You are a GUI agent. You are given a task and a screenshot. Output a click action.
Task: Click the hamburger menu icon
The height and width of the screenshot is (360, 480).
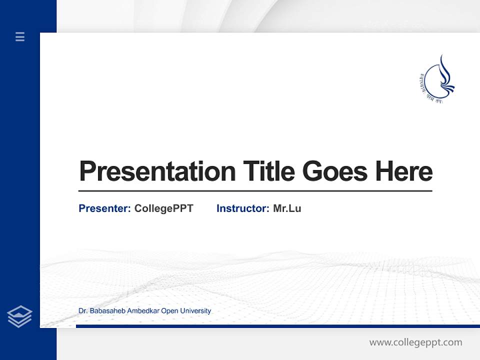[x=20, y=36]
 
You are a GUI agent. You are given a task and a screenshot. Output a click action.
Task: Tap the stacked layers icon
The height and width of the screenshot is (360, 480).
[x=19, y=316]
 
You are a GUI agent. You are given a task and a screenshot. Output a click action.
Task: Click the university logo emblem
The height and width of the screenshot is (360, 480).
[x=436, y=80]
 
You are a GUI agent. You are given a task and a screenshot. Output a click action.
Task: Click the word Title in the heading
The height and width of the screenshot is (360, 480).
[x=269, y=171]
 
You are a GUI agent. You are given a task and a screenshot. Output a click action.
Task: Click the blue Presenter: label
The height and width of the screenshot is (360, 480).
[x=104, y=208]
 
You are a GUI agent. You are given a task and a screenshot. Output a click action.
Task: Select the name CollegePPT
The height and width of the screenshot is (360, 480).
[x=163, y=208]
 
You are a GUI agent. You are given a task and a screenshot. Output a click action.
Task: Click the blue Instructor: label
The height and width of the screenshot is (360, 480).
[x=242, y=208]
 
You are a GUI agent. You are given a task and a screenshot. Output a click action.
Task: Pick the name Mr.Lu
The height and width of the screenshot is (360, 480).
[x=287, y=208]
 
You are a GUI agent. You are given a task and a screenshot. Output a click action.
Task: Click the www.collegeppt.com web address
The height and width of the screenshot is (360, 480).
[x=415, y=342]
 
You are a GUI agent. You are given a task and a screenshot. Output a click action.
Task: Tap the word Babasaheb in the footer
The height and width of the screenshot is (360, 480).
[x=107, y=311]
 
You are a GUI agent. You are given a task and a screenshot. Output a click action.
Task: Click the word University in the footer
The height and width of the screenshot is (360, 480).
[x=195, y=311]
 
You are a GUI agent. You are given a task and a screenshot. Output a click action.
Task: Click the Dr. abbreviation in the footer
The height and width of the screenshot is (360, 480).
[x=82, y=311]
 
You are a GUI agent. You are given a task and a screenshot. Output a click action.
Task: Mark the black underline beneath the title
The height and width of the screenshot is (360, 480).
[x=255, y=191]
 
